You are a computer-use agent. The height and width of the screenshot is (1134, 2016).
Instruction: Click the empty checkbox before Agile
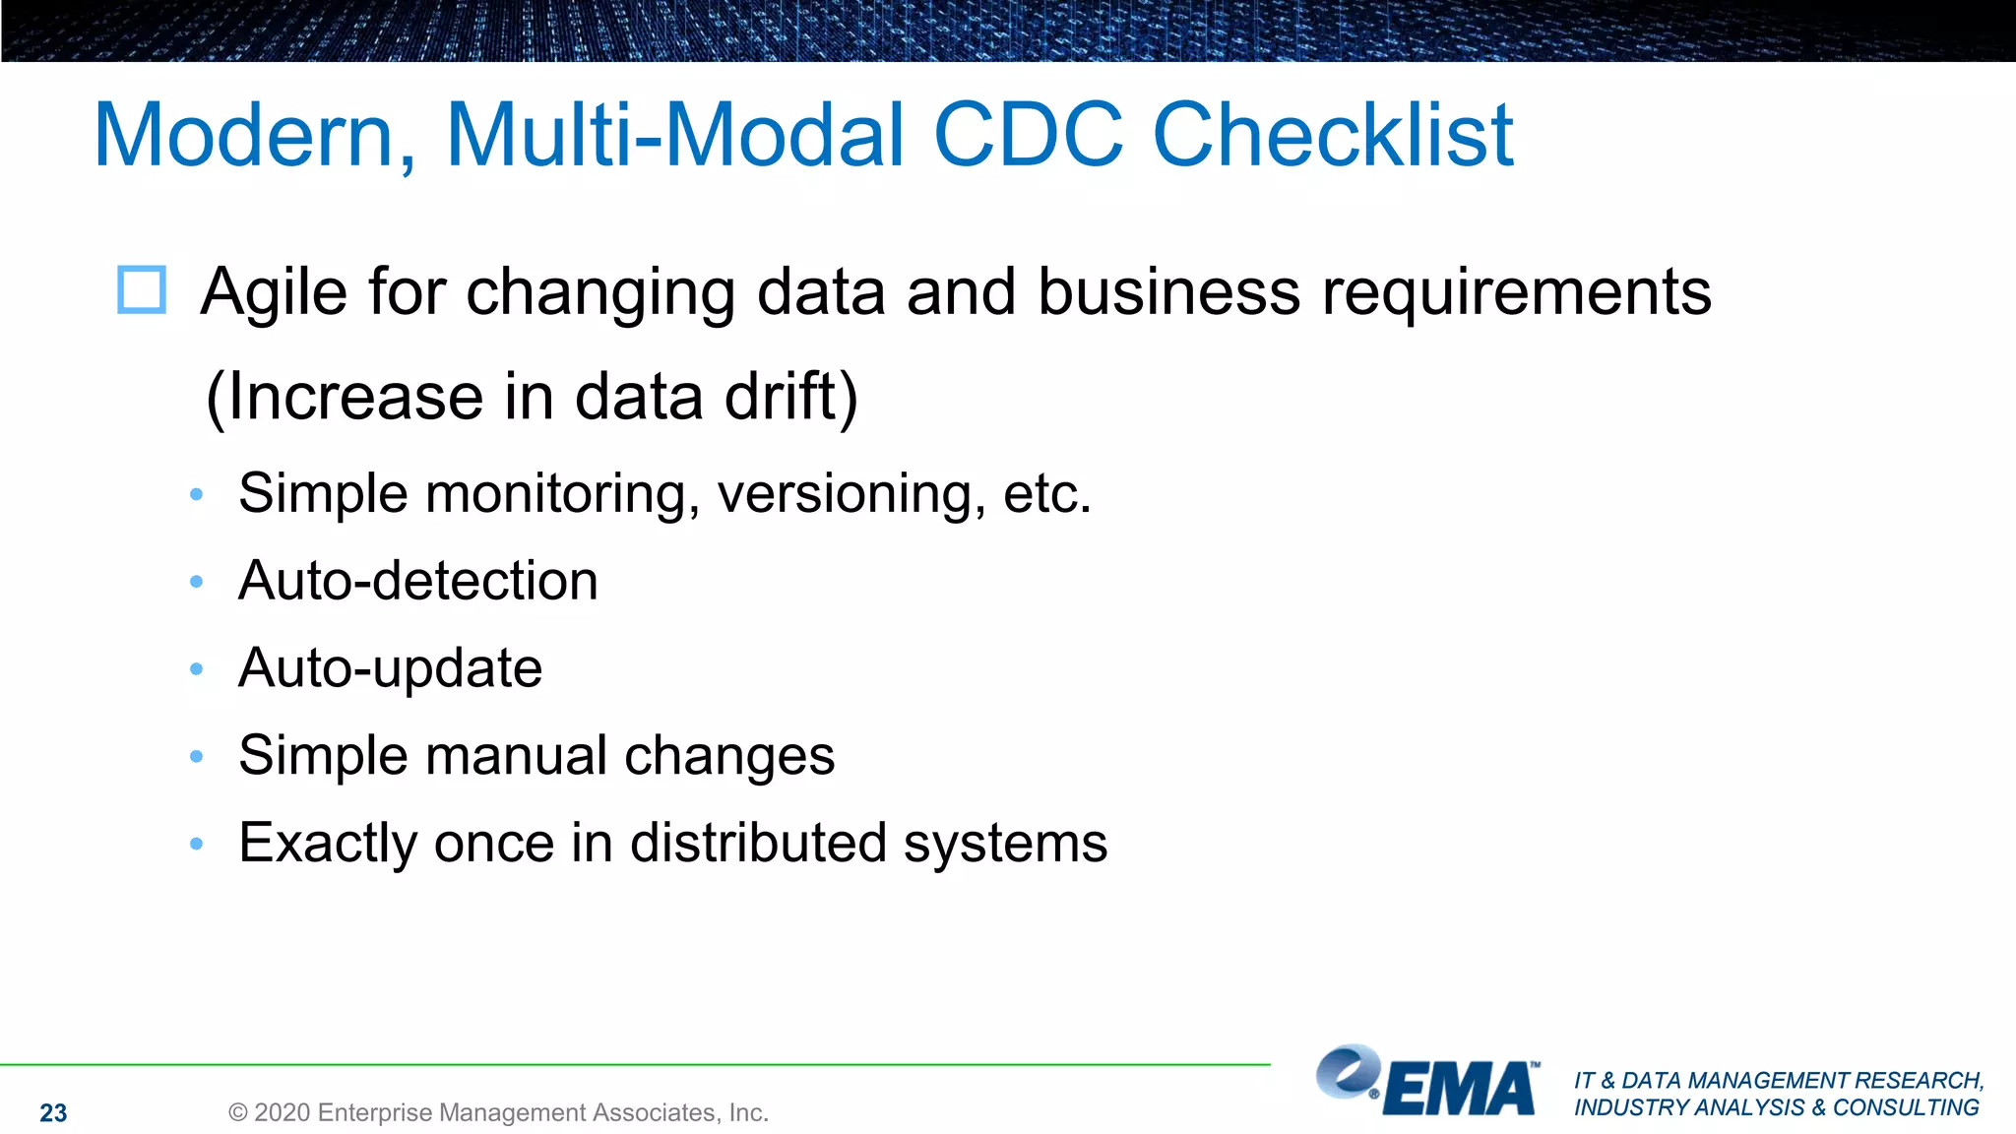coord(142,290)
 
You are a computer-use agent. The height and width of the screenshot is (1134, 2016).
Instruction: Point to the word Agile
coord(274,292)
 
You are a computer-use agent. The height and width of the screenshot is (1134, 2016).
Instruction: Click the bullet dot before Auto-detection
coord(197,582)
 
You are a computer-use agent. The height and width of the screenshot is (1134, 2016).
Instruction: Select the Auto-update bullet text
coord(390,668)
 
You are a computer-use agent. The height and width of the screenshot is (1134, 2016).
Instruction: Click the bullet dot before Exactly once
coord(197,844)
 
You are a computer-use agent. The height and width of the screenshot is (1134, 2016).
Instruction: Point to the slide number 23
coord(53,1113)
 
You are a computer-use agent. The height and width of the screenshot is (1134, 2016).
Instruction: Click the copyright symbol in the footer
coord(237,1113)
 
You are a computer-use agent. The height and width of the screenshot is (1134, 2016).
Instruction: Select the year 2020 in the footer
coord(283,1113)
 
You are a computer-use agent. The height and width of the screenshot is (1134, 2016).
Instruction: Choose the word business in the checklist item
coord(1168,292)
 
